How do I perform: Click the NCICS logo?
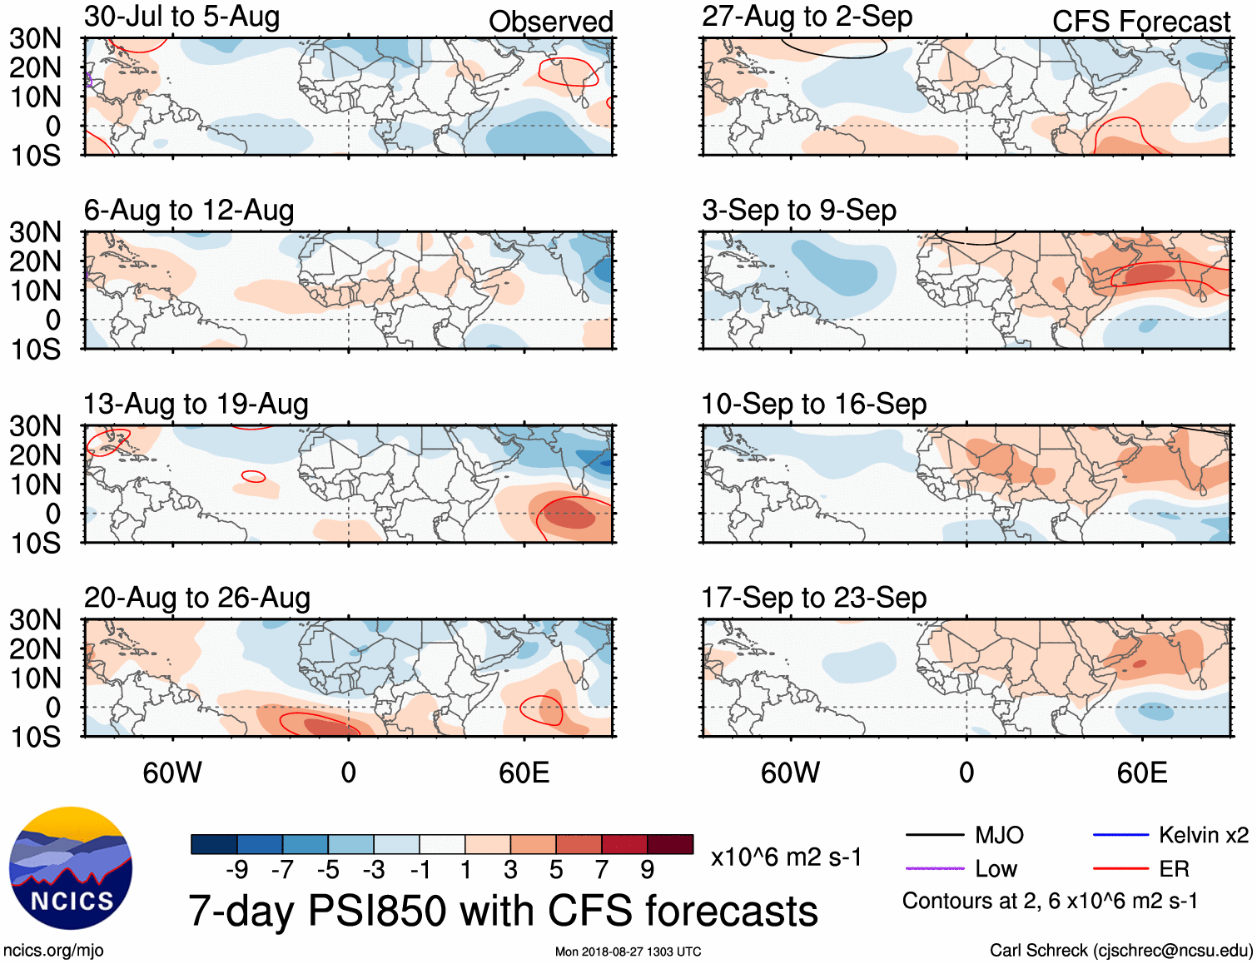(71, 868)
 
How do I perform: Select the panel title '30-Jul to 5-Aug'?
(181, 17)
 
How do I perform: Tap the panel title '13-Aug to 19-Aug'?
(196, 405)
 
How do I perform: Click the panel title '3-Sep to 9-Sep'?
(799, 211)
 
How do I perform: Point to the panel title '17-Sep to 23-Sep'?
(813, 598)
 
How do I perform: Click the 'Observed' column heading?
(550, 22)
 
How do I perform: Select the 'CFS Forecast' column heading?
(1140, 22)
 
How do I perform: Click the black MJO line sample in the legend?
(934, 835)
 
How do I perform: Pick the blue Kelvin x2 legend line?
(1120, 835)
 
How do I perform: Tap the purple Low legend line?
(934, 868)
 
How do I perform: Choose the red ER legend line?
(1120, 868)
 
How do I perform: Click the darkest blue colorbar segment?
(214, 844)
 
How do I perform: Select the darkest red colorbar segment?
(670, 844)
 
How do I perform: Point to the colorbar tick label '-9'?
(236, 870)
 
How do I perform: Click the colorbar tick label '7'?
(602, 870)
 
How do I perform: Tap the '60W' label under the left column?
(172, 773)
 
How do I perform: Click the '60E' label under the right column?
(1141, 773)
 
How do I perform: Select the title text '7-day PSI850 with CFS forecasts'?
(503, 911)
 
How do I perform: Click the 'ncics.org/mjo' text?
(53, 950)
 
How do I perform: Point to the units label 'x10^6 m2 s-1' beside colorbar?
(786, 857)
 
